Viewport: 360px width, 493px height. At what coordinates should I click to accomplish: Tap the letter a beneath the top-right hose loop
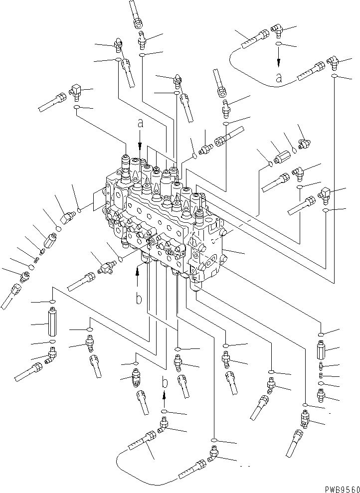coord(278,77)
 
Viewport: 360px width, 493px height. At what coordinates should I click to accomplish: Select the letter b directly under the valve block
coord(140,299)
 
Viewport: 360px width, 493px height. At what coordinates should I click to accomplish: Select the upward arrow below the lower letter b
coord(164,399)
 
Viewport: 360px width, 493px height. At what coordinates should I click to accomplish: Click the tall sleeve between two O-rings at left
coord(52,323)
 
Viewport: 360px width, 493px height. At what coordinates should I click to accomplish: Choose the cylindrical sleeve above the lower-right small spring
coord(321,352)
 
